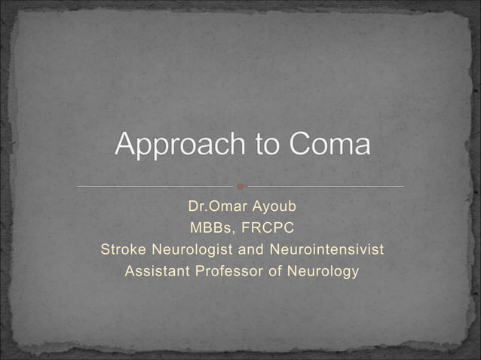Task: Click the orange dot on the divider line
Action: tap(240, 186)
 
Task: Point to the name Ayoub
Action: tap(279, 206)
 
